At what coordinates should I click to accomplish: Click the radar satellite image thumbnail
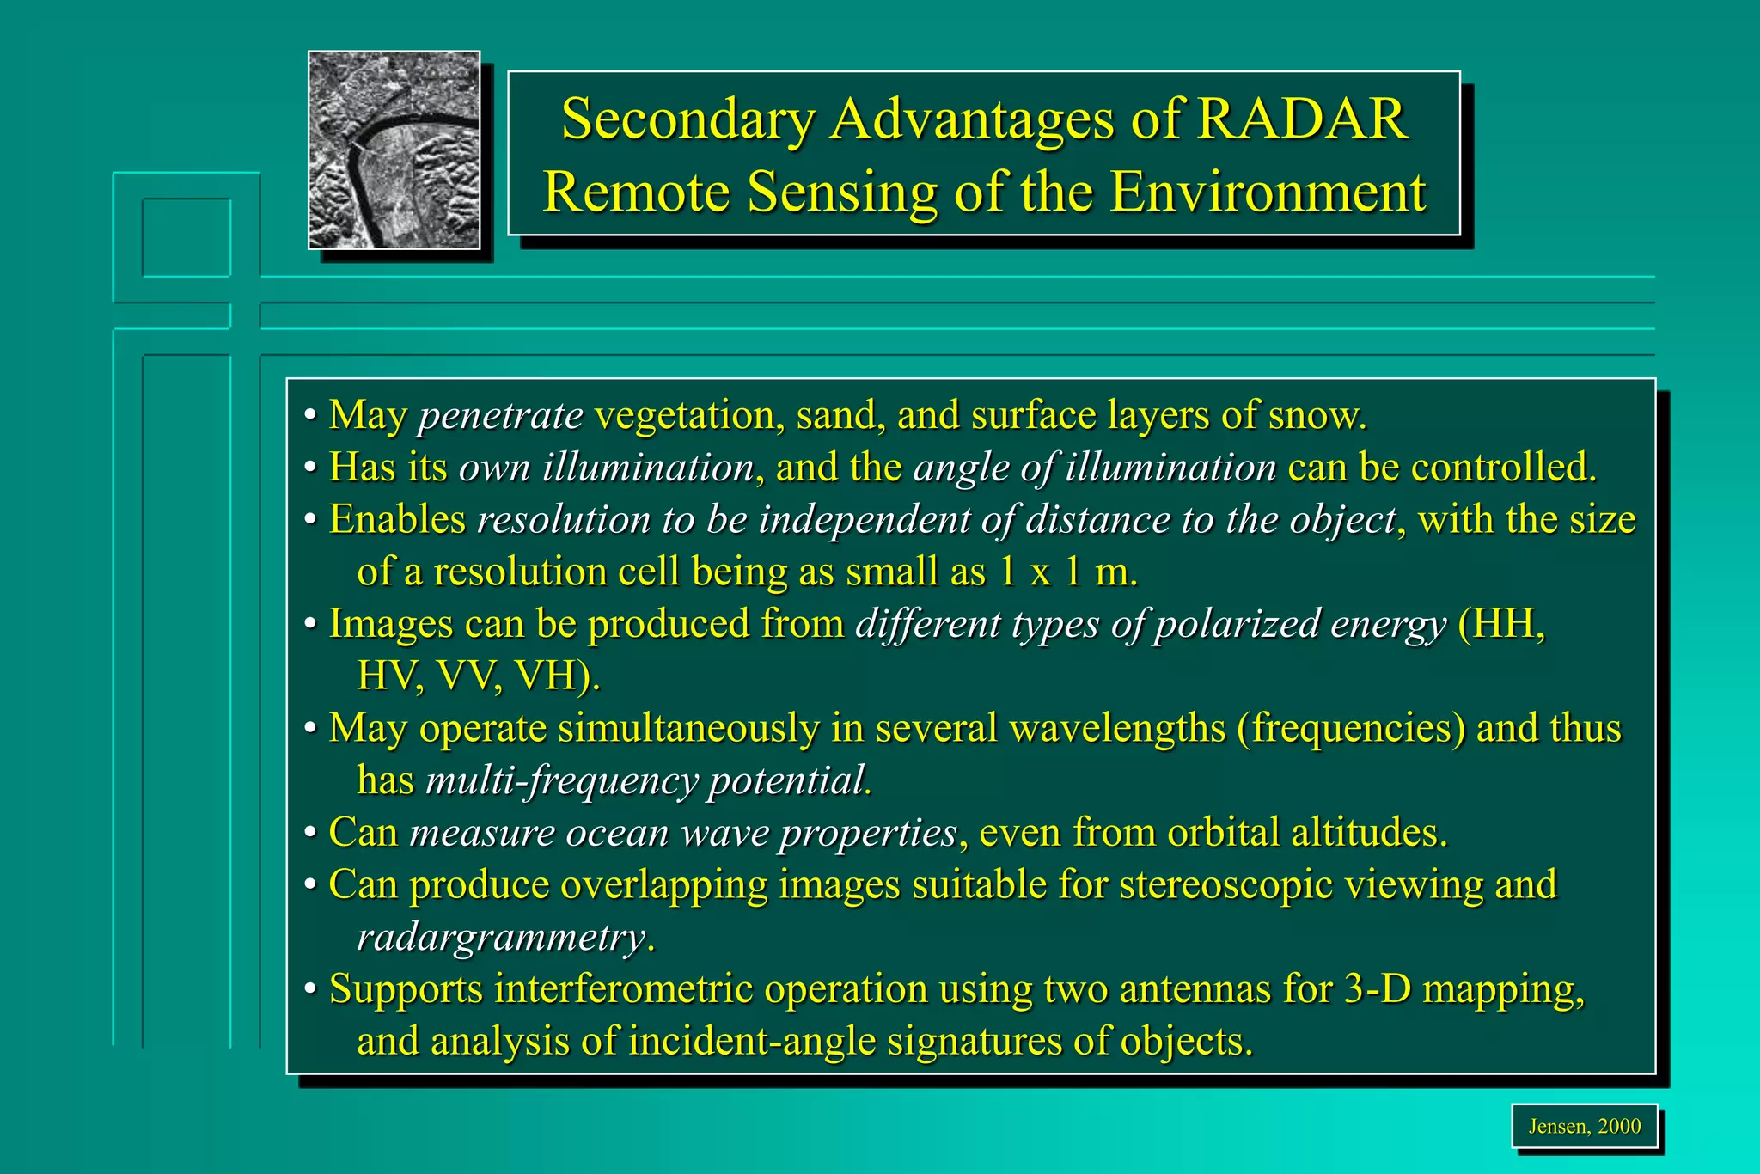[394, 150]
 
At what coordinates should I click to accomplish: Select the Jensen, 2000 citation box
[1584, 1126]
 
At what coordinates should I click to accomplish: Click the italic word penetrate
[500, 415]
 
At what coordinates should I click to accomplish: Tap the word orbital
[1223, 833]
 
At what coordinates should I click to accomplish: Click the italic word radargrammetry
[500, 937]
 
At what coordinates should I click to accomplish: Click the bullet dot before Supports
[311, 990]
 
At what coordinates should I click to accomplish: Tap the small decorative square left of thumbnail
[186, 238]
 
